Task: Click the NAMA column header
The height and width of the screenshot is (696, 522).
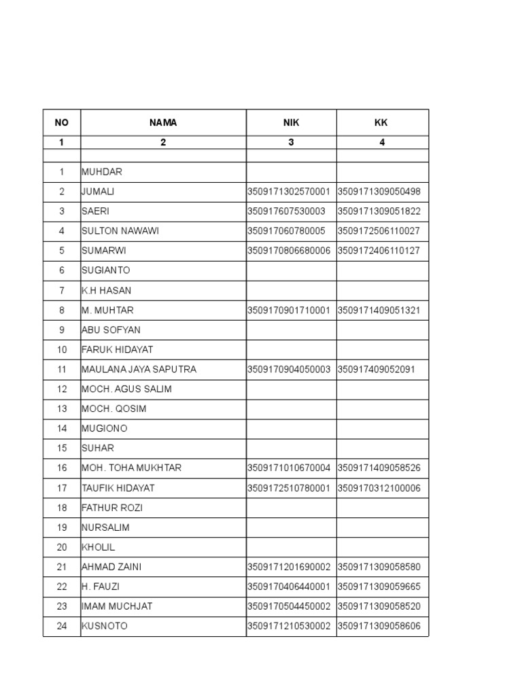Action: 163,123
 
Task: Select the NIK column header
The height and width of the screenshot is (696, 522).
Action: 291,123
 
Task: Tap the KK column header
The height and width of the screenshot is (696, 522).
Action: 382,123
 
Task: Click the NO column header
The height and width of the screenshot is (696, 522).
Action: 62,123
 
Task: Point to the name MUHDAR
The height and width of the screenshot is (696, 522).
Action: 102,172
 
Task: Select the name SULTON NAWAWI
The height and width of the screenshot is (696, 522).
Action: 120,231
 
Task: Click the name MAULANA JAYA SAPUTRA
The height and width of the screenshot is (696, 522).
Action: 139,370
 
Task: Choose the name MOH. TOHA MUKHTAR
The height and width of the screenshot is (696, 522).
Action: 131,468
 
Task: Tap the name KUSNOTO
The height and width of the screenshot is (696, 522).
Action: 105,626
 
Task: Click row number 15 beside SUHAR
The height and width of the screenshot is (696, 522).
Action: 62,449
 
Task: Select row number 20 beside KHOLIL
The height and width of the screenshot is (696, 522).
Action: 62,547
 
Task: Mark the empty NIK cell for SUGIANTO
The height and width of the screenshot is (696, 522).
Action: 291,271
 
